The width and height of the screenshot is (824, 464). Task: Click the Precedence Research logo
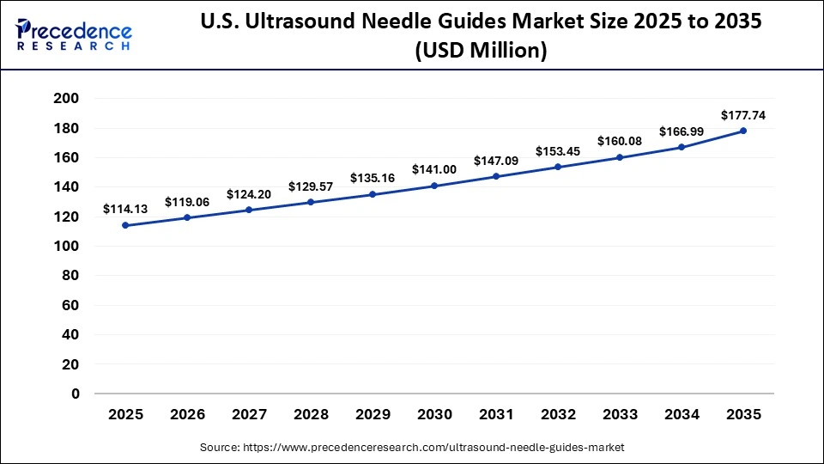(x=74, y=34)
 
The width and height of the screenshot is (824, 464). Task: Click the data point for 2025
(x=125, y=225)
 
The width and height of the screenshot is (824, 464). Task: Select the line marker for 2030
(x=434, y=186)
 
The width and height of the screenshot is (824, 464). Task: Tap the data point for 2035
(x=743, y=131)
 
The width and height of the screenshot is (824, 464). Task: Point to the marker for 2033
(x=620, y=157)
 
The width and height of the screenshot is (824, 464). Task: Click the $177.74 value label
(x=742, y=114)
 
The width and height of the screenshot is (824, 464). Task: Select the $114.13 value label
(x=124, y=209)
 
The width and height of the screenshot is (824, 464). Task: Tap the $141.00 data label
(x=434, y=169)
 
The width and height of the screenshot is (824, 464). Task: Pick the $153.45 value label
(x=558, y=150)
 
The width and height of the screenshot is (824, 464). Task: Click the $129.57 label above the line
(x=311, y=186)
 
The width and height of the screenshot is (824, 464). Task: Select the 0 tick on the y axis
(x=75, y=394)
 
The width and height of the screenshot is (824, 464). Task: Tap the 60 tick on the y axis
(x=70, y=305)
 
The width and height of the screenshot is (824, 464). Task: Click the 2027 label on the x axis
(x=249, y=414)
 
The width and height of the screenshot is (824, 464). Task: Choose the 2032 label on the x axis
(x=558, y=414)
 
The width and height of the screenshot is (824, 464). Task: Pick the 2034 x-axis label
(x=682, y=414)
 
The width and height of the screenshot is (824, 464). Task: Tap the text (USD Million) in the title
(x=481, y=52)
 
